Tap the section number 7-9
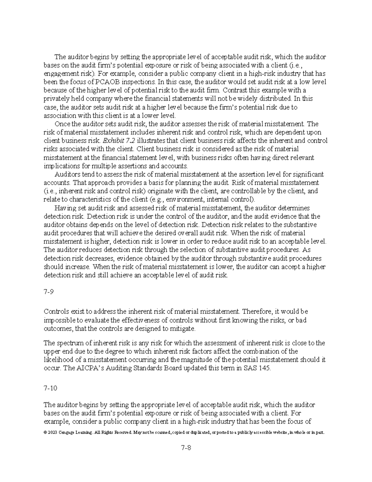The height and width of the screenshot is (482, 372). tap(49, 292)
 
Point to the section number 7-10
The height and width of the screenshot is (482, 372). tap(51, 388)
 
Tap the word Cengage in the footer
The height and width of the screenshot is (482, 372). tap(65, 432)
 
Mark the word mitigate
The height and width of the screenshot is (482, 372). tap(184, 328)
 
